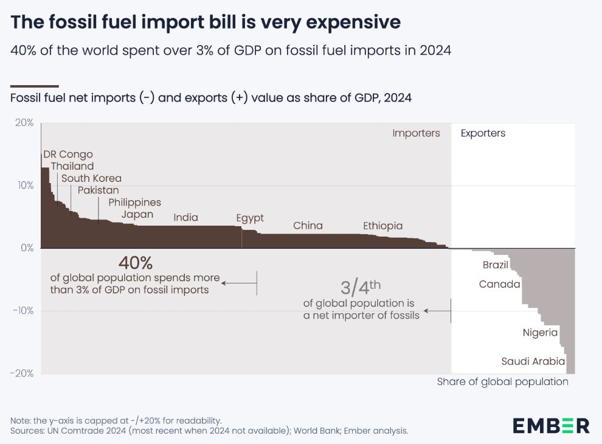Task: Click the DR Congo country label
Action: coord(68,154)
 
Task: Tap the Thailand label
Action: coord(72,166)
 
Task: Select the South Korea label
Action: coord(91,178)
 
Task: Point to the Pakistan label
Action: coord(98,190)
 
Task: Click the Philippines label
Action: coord(134,202)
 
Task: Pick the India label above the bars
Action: coord(185,217)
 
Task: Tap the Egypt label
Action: coord(250,217)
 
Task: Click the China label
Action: coord(308,226)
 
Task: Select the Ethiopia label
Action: coord(382,226)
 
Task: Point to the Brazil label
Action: coord(495,265)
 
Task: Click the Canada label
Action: coord(499,284)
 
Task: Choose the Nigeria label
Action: coord(540,333)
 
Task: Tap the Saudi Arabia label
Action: coord(533,361)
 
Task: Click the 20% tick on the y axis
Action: coord(24,123)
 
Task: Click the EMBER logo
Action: coord(551,425)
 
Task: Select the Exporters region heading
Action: coord(483,133)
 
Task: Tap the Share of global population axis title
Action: coord(502,382)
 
